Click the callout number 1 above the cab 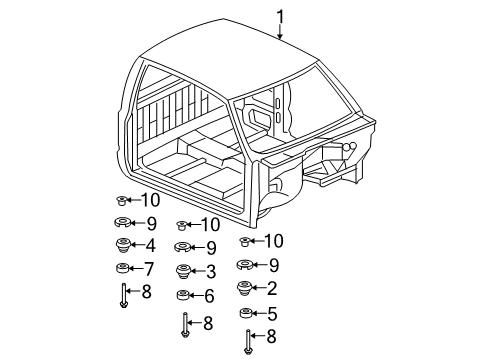coord(281,15)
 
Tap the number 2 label coord(272,289)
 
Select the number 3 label coord(211,270)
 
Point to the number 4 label coord(150,244)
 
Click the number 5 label coord(272,314)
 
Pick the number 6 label coord(210,295)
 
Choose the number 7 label coord(150,268)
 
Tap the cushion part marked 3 coord(183,270)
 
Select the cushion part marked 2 coord(245,289)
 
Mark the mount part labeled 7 coord(122,268)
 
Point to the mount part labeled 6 coord(183,295)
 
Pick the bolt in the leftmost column coord(122,294)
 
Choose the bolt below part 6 coord(185,321)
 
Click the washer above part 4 coord(121,223)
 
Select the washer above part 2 coord(245,265)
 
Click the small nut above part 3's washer coord(182,226)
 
